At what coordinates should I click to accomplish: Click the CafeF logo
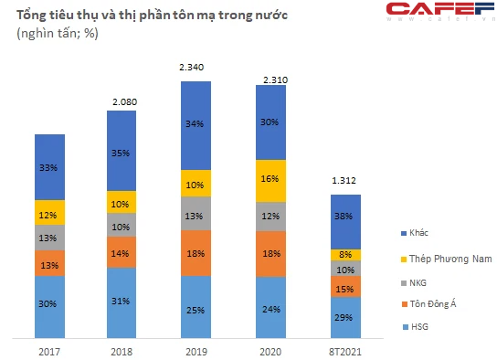pos(441,11)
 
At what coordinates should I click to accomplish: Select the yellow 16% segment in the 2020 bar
pos(270,181)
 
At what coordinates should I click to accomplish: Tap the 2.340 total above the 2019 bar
pos(192,68)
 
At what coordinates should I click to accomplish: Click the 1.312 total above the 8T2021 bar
pos(344,181)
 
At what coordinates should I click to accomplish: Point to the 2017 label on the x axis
pos(49,352)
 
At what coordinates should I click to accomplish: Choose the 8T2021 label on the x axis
pos(345,352)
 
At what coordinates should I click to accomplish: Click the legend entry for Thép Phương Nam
pos(446,259)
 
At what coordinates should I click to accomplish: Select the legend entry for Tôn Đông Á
pos(428,304)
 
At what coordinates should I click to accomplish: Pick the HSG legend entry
pos(415,327)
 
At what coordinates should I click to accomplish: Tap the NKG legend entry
pos(414,282)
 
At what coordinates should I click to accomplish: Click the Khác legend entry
pos(414,233)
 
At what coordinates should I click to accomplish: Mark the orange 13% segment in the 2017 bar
pos(49,263)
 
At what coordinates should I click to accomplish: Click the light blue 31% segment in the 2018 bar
pos(122,303)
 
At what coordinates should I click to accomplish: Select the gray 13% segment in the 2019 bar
pos(196,213)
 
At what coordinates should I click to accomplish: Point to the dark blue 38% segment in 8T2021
pos(346,222)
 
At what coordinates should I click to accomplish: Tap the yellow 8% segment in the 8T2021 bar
pos(346,255)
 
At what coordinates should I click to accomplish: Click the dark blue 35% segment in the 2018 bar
pos(122,151)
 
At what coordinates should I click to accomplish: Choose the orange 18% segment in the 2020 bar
pos(270,254)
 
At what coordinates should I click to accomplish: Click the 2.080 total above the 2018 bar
pos(125,102)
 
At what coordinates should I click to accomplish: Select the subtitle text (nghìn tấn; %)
pos(58,33)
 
